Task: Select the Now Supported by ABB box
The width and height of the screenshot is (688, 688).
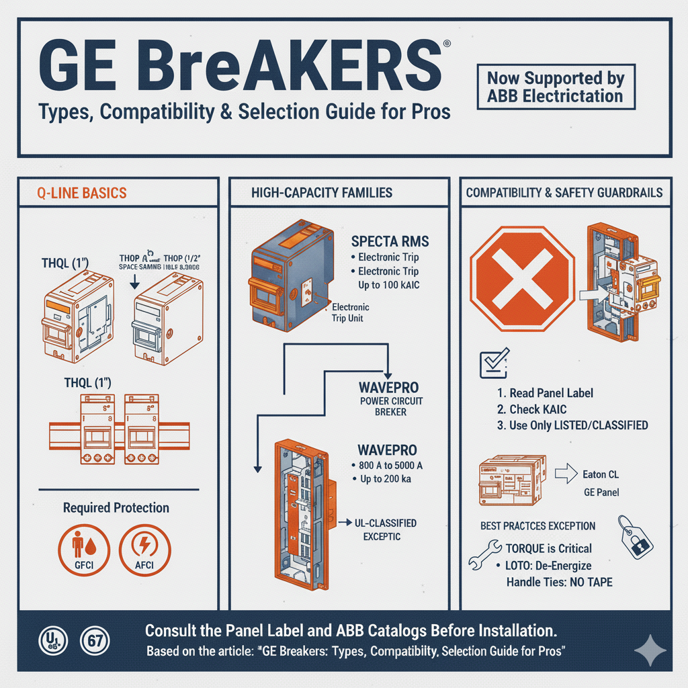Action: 556,87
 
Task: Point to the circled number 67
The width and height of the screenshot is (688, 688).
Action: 91,639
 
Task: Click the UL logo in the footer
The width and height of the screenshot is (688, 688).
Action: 51,639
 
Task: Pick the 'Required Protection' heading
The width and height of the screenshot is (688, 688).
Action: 116,507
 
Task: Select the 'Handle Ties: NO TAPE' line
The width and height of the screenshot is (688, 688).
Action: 559,582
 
